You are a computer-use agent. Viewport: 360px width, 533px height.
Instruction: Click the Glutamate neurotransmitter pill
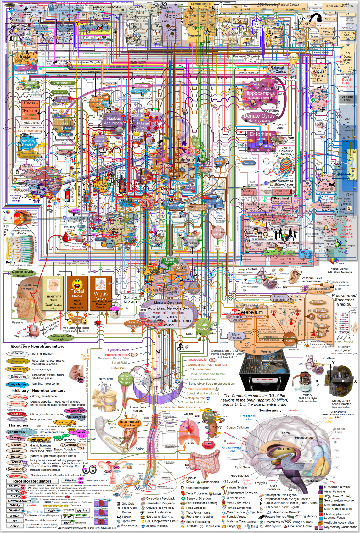point(18,353)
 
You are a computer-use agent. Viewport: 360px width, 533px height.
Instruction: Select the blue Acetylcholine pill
point(17,384)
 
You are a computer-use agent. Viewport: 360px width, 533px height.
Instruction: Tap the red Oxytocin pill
point(17,414)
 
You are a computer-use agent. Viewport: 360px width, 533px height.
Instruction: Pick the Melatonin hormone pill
point(16,475)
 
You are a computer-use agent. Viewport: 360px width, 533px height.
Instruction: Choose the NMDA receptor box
point(15,516)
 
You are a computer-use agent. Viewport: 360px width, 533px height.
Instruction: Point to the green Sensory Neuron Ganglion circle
point(125,379)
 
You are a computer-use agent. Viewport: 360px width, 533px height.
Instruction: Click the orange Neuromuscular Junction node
point(129,423)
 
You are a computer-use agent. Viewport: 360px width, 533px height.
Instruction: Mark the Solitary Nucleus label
point(130,300)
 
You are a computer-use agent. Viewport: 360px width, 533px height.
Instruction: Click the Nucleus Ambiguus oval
point(132,324)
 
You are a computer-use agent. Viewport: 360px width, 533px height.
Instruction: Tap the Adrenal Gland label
point(209,417)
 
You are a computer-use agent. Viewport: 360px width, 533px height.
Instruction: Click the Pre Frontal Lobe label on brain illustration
point(248,418)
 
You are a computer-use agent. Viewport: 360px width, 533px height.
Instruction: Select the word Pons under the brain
point(289,490)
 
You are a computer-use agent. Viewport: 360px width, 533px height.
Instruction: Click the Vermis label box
point(266,352)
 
